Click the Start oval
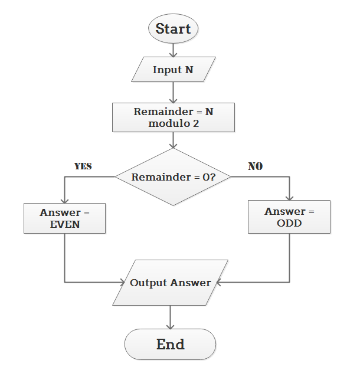point(174,29)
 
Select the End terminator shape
point(170,344)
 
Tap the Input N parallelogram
point(174,70)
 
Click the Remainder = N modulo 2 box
point(174,117)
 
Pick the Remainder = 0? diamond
point(173,177)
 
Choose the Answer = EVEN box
point(64,218)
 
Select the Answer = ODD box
point(289,217)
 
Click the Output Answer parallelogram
point(171,283)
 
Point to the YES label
point(83,166)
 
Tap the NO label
point(255,166)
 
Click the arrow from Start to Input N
point(174,50)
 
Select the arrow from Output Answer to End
point(171,317)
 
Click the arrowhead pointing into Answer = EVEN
point(64,199)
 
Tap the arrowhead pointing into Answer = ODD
point(289,197)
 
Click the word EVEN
point(64,224)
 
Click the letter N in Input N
point(189,70)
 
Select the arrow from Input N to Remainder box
point(174,93)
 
